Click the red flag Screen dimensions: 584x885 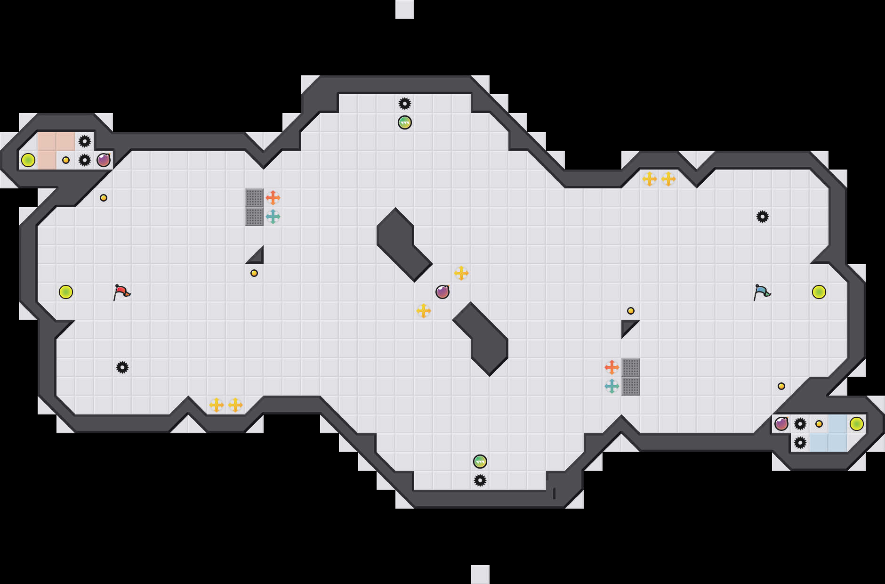point(121,292)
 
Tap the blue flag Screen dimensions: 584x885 point(762,292)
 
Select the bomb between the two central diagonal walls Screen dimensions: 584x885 point(442,292)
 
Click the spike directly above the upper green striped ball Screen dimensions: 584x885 point(405,104)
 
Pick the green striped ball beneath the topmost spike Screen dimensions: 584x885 point(405,122)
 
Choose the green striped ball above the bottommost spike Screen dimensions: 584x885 point(480,462)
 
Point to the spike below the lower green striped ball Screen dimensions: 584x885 point(480,480)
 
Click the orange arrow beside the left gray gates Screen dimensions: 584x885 point(273,198)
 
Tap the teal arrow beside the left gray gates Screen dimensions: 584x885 point(273,217)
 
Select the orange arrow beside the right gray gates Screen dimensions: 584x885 point(612,367)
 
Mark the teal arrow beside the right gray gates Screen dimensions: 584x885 point(612,386)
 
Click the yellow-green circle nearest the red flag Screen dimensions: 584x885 point(66,292)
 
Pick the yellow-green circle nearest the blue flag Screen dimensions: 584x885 point(819,292)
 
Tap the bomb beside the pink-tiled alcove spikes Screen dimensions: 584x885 point(104,160)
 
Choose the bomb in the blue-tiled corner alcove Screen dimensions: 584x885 point(781,424)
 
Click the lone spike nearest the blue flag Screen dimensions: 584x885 point(763,217)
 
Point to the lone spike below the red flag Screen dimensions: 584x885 point(122,367)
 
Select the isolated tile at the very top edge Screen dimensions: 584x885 point(405,9)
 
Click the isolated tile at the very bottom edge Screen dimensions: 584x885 point(480,575)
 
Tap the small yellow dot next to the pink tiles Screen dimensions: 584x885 point(66,160)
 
